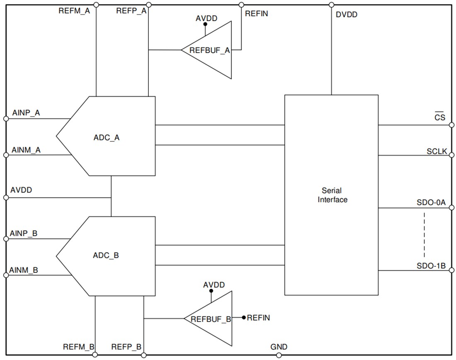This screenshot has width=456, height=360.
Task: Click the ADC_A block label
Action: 107,138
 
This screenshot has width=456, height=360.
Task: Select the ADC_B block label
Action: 106,255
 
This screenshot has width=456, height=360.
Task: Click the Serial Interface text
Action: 332,195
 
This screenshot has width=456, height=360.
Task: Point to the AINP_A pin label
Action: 26,112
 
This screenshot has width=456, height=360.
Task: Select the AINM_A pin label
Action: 26,149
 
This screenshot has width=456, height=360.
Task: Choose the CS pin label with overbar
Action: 439,117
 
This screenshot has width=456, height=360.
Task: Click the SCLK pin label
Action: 437,151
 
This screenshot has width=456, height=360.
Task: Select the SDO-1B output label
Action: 431,265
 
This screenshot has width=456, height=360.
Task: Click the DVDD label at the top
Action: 346,15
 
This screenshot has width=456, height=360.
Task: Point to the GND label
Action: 279,347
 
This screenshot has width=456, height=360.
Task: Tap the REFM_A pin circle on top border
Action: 96,5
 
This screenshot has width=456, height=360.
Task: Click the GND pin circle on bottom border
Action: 279,355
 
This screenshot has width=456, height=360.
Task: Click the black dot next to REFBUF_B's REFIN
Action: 244,318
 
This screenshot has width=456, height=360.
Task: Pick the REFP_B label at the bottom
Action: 126,347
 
